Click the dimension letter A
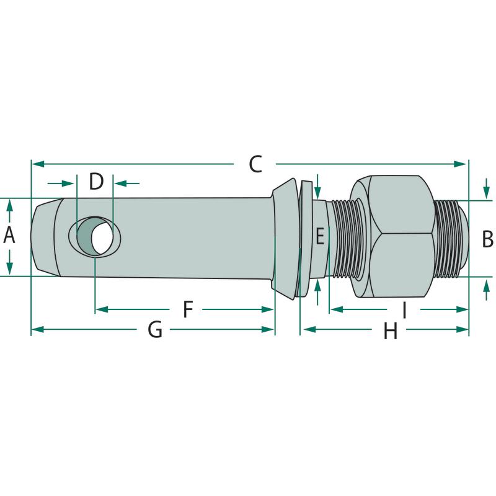coord(9,236)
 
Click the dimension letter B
coord(487,237)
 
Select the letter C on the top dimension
coord(255,164)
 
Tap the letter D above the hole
coord(95,182)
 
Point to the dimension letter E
coord(319,236)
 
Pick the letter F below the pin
coord(188,309)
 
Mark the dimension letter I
coord(404,309)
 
